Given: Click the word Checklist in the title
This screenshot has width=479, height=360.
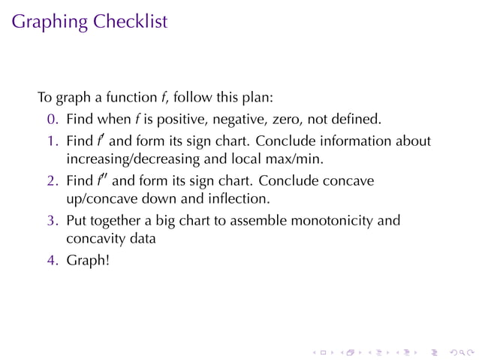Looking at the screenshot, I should click(x=131, y=22).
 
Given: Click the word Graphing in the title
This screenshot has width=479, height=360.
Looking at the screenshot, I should click(x=50, y=23).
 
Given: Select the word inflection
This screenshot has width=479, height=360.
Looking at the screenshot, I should click(x=242, y=199).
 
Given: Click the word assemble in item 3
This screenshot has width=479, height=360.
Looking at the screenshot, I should click(x=262, y=221).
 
